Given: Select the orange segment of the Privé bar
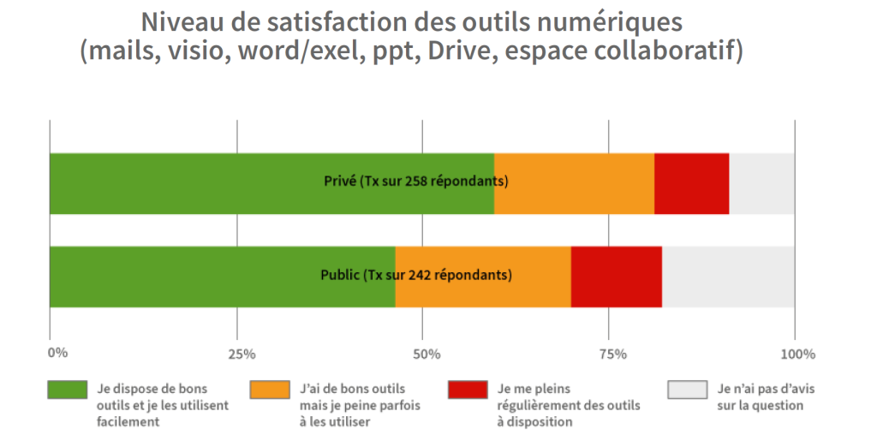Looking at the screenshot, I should click(574, 184).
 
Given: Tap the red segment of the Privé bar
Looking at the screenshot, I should click(691, 184).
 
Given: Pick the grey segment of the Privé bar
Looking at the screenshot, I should click(761, 184).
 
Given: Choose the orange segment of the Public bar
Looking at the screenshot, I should click(483, 277).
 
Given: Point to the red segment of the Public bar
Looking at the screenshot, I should click(617, 277).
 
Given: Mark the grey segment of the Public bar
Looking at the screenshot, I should click(728, 277).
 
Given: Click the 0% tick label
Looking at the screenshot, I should click(57, 353).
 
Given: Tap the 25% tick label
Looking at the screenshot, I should click(241, 354).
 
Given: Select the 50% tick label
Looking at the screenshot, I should click(426, 354).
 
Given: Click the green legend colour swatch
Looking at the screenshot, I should click(67, 390).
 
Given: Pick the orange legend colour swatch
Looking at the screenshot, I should click(269, 390).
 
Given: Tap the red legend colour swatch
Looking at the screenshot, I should click(468, 390).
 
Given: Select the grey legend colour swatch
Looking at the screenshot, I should click(687, 390).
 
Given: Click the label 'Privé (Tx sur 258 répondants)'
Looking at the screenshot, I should click(416, 182).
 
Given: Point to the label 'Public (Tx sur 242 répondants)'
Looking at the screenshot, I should click(416, 275).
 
